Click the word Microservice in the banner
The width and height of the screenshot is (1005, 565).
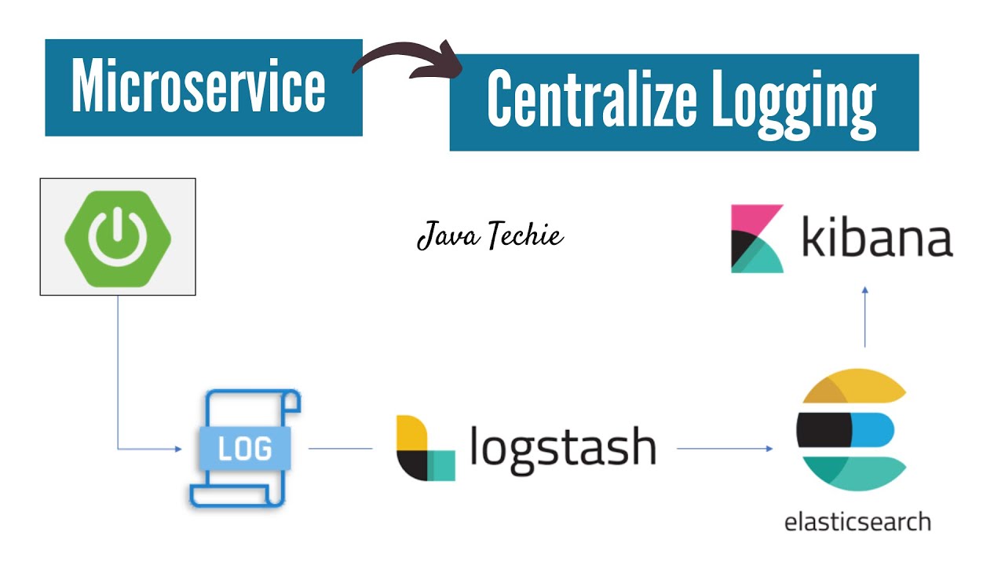click(198, 87)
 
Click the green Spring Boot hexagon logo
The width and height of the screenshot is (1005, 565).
click(118, 236)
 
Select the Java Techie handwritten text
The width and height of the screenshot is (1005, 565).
click(490, 235)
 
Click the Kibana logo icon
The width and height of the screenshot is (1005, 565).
click(757, 239)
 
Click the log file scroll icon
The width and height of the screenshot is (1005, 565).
click(245, 447)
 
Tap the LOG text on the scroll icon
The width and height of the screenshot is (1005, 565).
click(245, 449)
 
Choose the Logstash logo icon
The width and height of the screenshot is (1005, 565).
click(425, 448)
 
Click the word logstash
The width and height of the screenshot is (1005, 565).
click(562, 447)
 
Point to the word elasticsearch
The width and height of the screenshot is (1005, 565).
click(857, 522)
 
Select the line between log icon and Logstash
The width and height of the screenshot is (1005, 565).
click(340, 449)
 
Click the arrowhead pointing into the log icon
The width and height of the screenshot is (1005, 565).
click(177, 449)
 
